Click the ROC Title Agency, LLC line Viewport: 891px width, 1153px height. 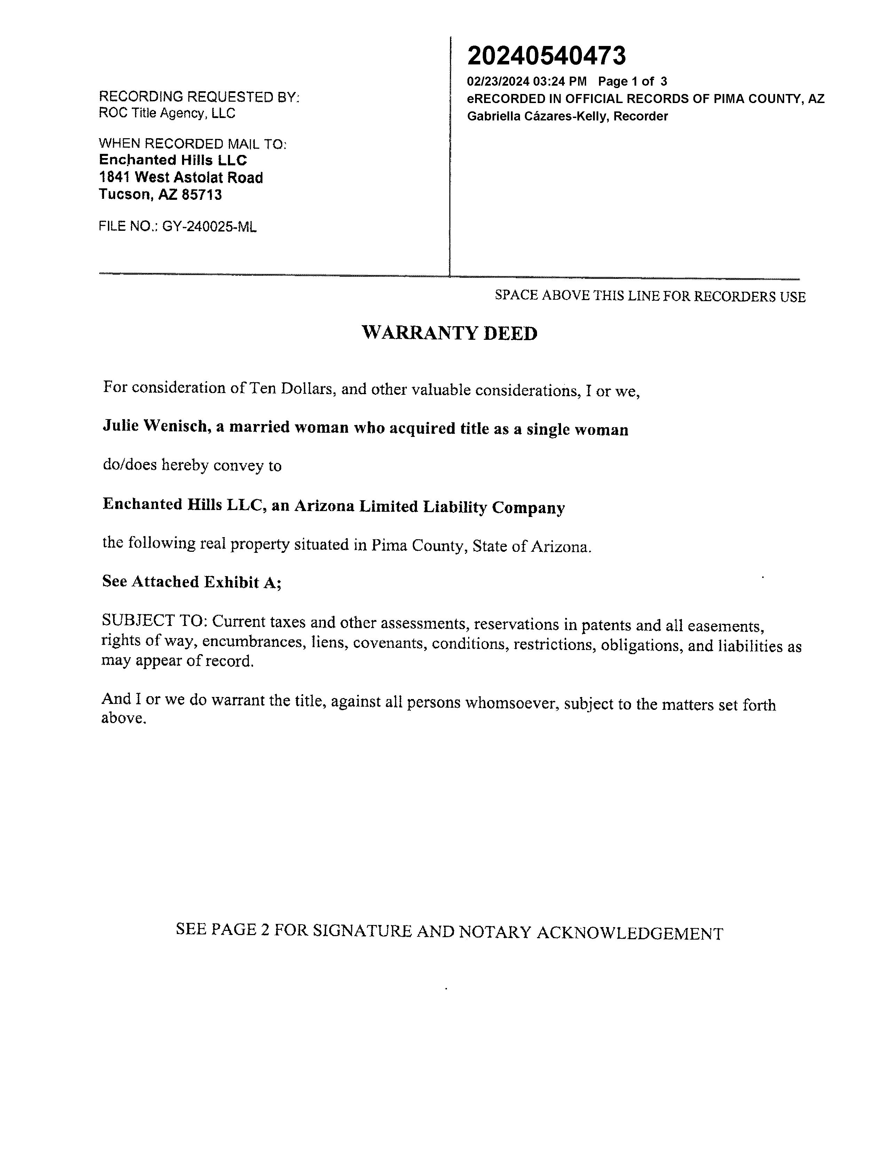(167, 113)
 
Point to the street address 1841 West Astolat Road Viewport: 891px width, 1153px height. (181, 178)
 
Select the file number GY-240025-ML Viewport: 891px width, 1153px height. (209, 227)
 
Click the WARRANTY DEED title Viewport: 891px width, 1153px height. (449, 333)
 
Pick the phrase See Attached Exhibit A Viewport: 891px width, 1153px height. (191, 581)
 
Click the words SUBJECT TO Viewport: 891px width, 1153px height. (153, 620)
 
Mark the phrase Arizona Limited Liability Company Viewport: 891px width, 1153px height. (429, 507)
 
